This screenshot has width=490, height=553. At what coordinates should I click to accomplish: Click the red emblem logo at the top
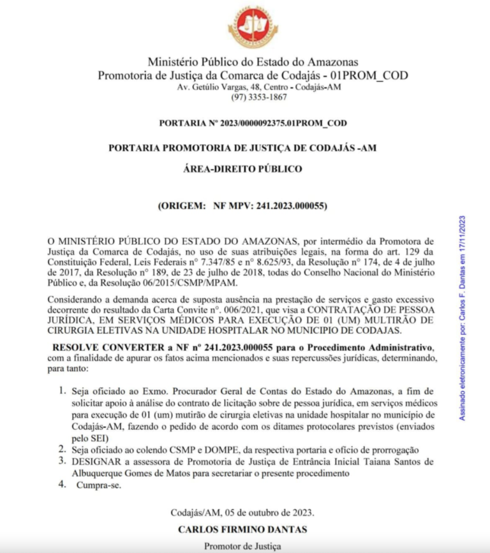(x=253, y=27)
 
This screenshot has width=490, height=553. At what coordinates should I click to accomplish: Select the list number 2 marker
(x=63, y=449)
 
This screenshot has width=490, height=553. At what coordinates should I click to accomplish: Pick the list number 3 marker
(x=63, y=461)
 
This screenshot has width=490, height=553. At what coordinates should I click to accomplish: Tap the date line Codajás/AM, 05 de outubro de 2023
(x=242, y=513)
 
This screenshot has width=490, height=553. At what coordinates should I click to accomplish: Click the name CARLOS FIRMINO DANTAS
(x=242, y=529)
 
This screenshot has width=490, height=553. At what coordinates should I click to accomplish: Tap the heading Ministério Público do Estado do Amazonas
(x=253, y=63)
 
